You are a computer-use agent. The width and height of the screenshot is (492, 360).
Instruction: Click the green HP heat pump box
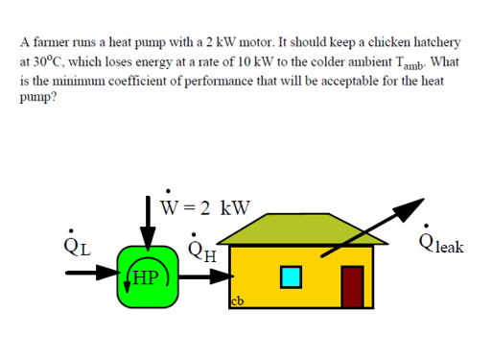[x=148, y=276]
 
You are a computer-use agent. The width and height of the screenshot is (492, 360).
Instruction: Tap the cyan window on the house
[x=291, y=277]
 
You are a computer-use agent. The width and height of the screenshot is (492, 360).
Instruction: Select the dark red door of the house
[x=352, y=286]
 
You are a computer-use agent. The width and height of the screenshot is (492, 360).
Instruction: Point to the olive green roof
[x=302, y=228]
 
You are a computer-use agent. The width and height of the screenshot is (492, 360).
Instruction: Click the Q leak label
[x=441, y=242]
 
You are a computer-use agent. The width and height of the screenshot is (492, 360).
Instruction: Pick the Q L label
[x=77, y=244]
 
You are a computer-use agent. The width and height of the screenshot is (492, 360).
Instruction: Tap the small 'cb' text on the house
[x=238, y=301]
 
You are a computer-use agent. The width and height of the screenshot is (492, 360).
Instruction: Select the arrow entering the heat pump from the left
[x=93, y=273]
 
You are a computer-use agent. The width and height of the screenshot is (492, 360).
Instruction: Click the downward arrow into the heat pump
[x=148, y=224]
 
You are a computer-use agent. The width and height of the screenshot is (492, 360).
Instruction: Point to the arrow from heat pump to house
[x=206, y=276]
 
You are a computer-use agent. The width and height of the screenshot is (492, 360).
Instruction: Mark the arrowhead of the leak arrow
[x=409, y=209]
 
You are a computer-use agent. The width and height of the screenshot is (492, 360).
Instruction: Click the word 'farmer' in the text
[x=51, y=42]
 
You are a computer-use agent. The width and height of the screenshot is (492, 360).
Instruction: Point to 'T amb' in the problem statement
[x=410, y=62]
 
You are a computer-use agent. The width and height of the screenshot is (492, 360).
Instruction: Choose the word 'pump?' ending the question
[x=38, y=97]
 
